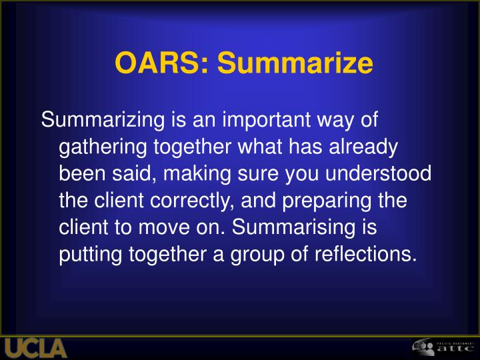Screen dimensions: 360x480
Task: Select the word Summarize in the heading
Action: pyautogui.click(x=295, y=63)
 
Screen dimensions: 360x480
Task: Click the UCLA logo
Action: pyautogui.click(x=36, y=348)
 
